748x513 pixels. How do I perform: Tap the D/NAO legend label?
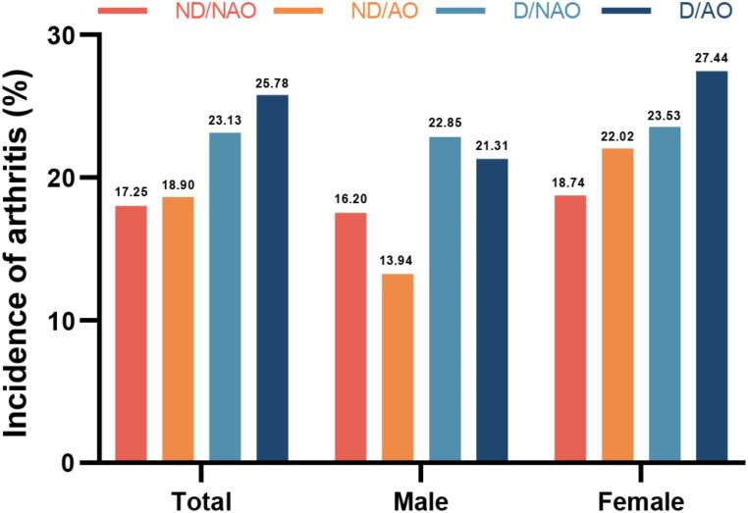pos(539,12)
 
